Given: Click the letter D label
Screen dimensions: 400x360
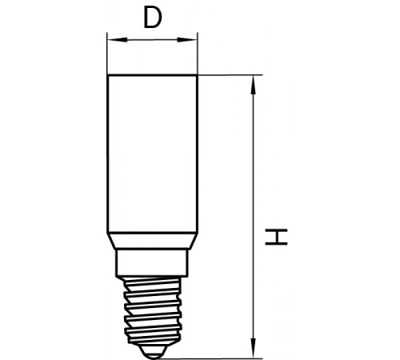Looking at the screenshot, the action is pyautogui.click(x=153, y=18).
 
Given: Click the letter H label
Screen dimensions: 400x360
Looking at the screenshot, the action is pyautogui.click(x=276, y=237).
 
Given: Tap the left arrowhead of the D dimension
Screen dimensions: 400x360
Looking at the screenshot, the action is pyautogui.click(x=117, y=40).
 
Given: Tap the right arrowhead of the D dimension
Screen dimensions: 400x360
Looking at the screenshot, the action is pyautogui.click(x=187, y=40).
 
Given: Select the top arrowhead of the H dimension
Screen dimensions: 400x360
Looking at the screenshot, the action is pyautogui.click(x=253, y=86).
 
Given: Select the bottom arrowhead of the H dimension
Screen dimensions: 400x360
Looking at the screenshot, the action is pyautogui.click(x=253, y=348).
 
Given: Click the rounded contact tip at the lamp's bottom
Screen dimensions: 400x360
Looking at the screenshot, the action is pyautogui.click(x=152, y=352).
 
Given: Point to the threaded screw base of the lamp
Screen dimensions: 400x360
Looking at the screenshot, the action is pyautogui.click(x=152, y=310).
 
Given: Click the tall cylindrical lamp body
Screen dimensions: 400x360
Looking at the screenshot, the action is pyautogui.click(x=152, y=154).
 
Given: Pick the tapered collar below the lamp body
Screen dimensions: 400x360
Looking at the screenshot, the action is pyautogui.click(x=152, y=241).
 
